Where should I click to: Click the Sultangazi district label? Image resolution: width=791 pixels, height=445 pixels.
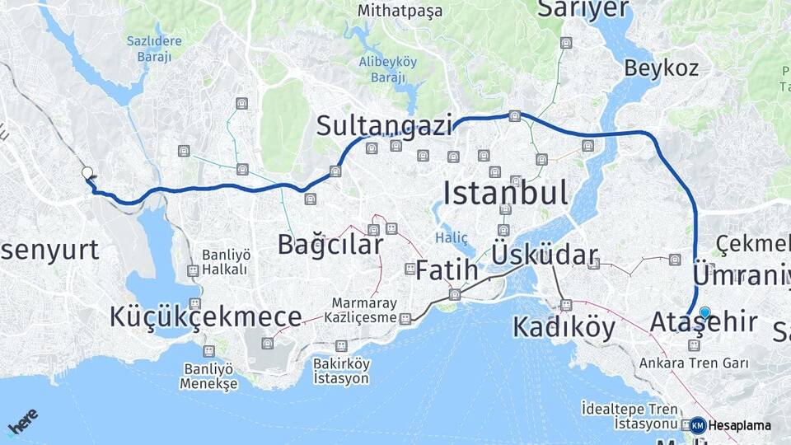[x=385, y=126]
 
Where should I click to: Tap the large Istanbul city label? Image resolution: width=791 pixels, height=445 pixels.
[x=505, y=194]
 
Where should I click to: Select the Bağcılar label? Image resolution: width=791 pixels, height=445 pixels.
[x=330, y=245]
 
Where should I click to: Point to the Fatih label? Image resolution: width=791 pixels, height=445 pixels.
[x=447, y=269]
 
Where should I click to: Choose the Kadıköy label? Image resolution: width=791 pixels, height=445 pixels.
[x=564, y=327]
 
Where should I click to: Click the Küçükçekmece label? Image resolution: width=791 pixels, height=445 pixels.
[x=205, y=316]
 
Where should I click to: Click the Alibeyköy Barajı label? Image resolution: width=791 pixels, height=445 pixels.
[x=387, y=69]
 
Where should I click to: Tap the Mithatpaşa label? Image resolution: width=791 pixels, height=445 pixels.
[x=400, y=12]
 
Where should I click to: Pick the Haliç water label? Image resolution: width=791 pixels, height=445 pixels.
[x=451, y=238]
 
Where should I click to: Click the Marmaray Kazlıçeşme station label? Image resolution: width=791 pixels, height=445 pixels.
[x=363, y=310]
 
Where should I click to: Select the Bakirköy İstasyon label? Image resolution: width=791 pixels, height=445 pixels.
[x=341, y=371]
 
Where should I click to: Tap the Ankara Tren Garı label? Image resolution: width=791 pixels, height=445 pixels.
[x=694, y=363]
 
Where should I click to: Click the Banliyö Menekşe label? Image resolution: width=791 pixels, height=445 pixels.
[x=209, y=376]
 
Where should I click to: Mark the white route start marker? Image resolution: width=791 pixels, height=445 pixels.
[x=87, y=172]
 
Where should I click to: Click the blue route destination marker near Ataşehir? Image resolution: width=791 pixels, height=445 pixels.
[x=704, y=312]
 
